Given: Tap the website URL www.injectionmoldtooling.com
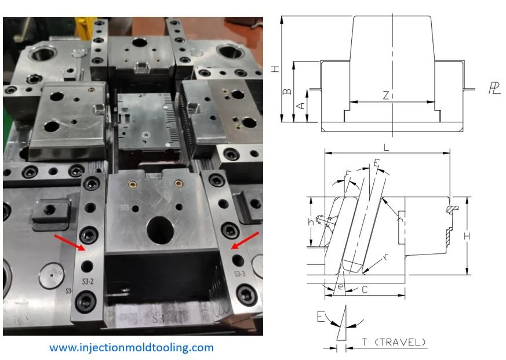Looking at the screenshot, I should (131, 348).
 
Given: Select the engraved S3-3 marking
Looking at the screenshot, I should (240, 274).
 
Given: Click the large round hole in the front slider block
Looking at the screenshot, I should (159, 230).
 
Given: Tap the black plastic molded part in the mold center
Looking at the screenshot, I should (144, 119).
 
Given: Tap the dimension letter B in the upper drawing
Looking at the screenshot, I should (285, 92).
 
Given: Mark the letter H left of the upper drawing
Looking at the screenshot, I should (275, 68).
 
